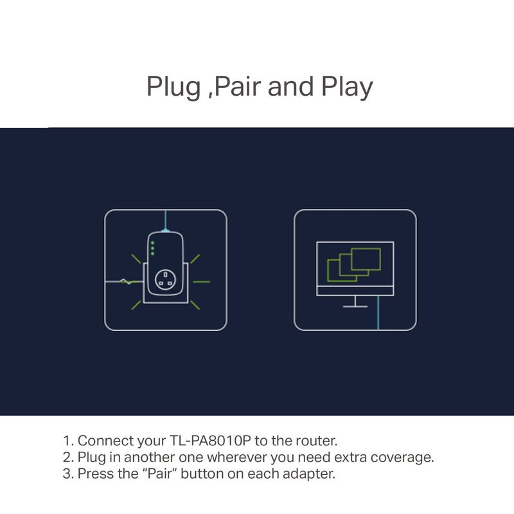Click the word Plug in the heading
click(173, 87)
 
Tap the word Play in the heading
click(347, 87)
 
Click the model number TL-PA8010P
click(210, 441)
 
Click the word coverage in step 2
click(402, 457)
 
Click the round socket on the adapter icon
click(165, 279)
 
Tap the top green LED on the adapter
click(152, 243)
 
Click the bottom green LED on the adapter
click(152, 253)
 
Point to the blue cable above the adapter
click(166, 220)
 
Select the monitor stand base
click(355, 306)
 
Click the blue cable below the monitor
click(378, 313)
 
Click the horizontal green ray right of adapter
click(202, 281)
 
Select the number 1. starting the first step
click(69, 441)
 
